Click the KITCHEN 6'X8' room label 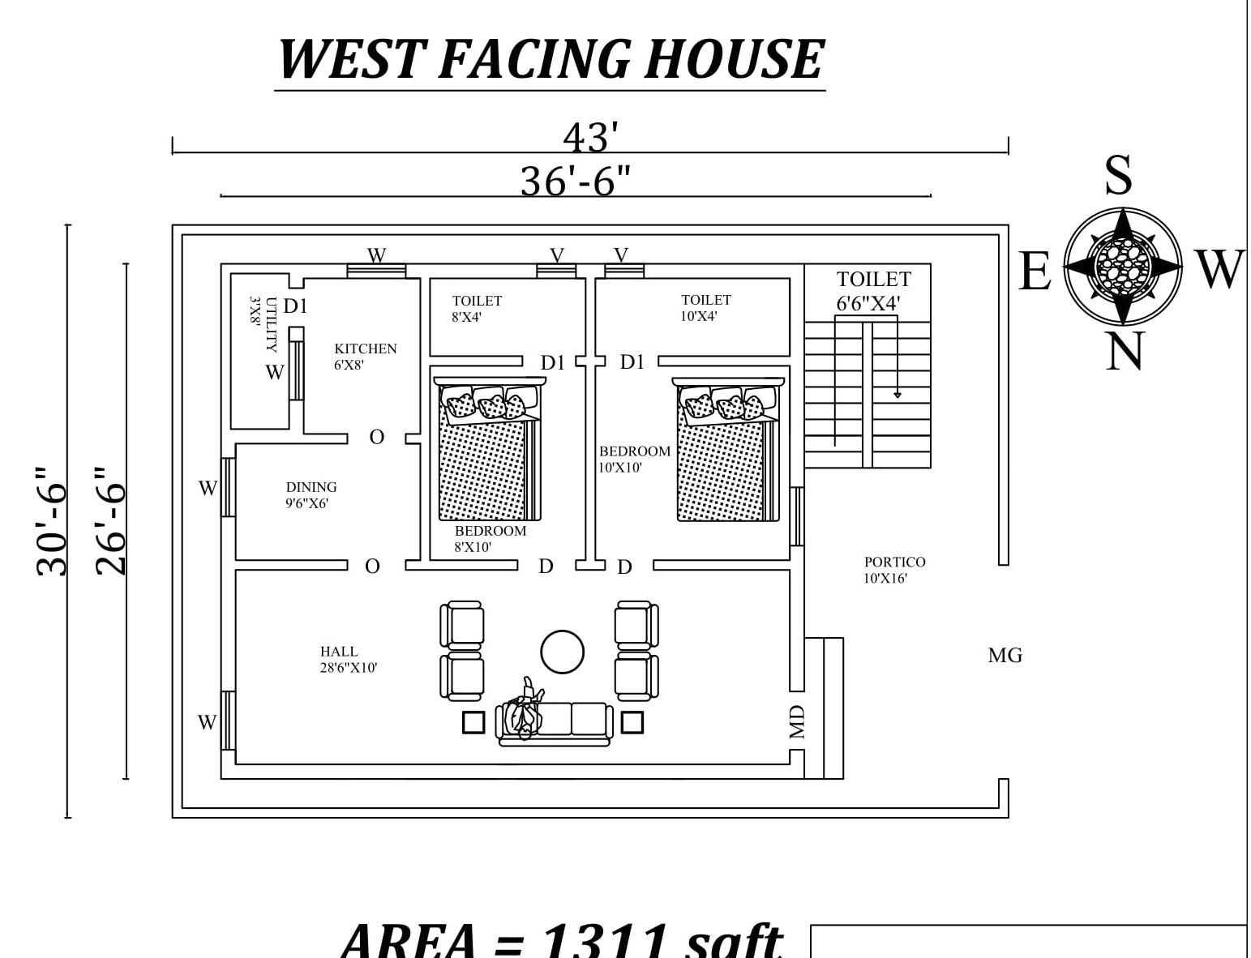click(365, 356)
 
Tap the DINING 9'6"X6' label click(311, 494)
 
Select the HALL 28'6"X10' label click(348, 659)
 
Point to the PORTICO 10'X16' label click(894, 570)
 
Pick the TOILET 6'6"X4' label click(873, 290)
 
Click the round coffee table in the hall click(562, 652)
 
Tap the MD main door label click(797, 721)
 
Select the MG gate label click(1005, 656)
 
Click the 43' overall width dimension click(590, 137)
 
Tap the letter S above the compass click(1119, 174)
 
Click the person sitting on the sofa click(524, 710)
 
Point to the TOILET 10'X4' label click(705, 308)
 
